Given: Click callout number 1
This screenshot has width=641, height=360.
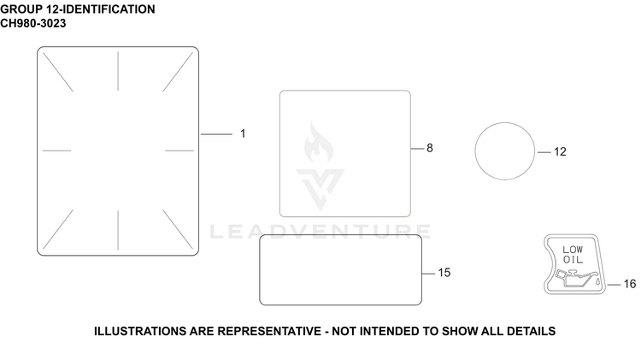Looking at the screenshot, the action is (243, 133).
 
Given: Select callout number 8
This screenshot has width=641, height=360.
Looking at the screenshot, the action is (430, 148).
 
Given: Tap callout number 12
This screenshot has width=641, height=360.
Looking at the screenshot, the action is (560, 151).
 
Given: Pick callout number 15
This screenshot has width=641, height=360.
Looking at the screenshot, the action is (444, 273).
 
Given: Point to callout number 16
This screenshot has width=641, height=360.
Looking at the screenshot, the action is (630, 284).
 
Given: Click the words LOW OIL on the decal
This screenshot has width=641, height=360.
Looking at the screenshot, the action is (573, 255).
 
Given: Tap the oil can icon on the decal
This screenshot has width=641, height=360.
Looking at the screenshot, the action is (574, 278).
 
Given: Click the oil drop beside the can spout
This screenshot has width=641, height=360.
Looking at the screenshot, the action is (597, 282).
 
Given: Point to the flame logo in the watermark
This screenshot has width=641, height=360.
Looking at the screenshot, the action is (319, 142).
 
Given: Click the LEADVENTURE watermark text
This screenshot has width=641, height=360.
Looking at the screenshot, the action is (320, 232).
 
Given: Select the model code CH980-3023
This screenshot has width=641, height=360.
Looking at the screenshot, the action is (33, 23).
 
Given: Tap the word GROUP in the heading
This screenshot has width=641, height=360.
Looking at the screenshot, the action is (21, 9).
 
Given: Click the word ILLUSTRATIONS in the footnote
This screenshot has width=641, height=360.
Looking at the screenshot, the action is (140, 331).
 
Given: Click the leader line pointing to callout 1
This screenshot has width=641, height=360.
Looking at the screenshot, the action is (216, 134).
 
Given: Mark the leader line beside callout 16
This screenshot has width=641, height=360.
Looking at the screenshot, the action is (614, 284).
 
